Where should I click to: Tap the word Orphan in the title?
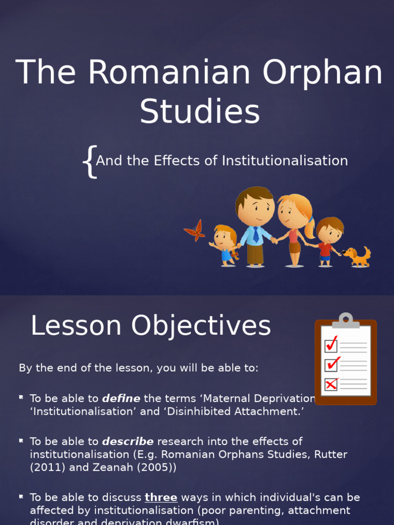click(x=323, y=73)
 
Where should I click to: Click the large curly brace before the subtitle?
click(x=90, y=161)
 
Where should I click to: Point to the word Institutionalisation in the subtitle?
click(x=285, y=160)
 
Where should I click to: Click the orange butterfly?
click(x=195, y=231)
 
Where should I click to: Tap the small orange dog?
click(x=358, y=256)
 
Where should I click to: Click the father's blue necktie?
click(x=256, y=234)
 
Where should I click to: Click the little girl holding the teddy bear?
click(x=225, y=245)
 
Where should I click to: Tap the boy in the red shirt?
click(x=327, y=241)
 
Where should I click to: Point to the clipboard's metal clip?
click(x=346, y=321)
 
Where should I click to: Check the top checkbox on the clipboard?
click(x=331, y=344)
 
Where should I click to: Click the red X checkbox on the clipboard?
click(x=331, y=384)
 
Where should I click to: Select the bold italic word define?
click(x=121, y=398)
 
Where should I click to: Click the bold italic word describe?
click(x=128, y=441)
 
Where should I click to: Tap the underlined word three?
click(x=161, y=497)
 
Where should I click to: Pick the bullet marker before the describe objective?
click(x=22, y=440)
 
